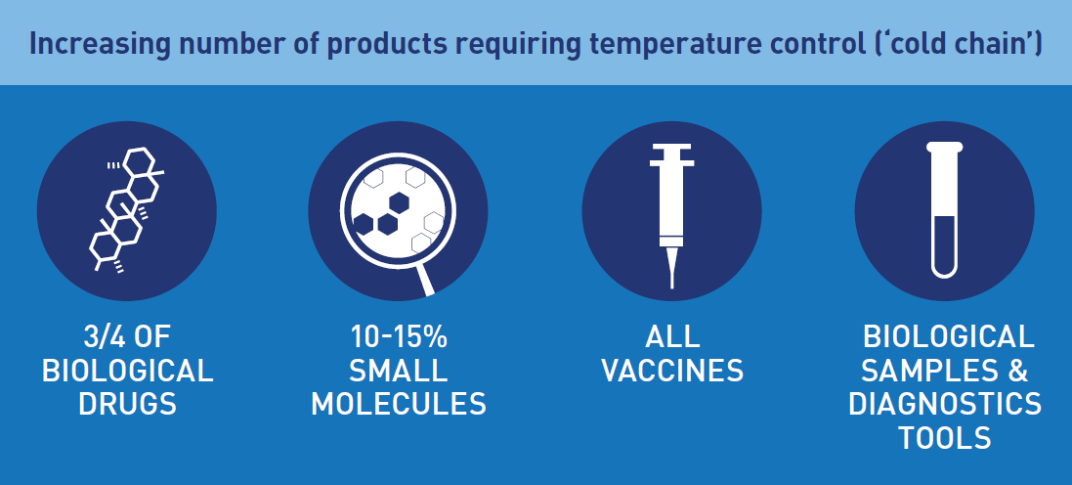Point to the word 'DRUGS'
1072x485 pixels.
[x=128, y=404]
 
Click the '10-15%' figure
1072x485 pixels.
[x=399, y=337]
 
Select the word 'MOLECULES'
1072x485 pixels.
[x=399, y=404]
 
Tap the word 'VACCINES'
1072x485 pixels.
[x=672, y=371]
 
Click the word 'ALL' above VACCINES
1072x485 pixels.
[x=672, y=337]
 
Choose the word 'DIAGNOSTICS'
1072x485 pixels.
[x=945, y=404]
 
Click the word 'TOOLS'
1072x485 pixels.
[x=945, y=437]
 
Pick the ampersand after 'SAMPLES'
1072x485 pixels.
[x=1018, y=371]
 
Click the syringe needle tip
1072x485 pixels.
[x=672, y=287]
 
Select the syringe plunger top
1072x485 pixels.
[x=671, y=146]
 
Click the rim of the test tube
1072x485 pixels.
[x=945, y=147]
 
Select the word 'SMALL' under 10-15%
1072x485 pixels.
[x=399, y=371]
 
